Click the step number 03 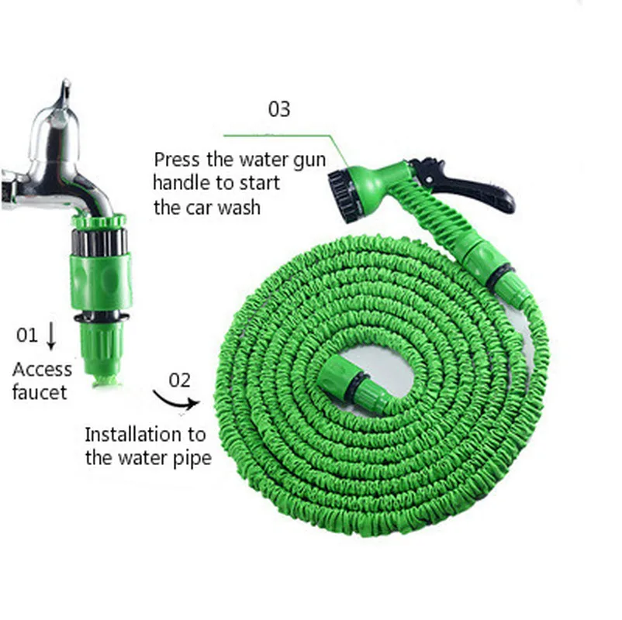(279, 108)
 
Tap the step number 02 (179, 380)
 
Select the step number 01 (26, 335)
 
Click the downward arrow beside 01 (51, 335)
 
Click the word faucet (40, 392)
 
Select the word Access (42, 370)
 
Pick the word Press (176, 160)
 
